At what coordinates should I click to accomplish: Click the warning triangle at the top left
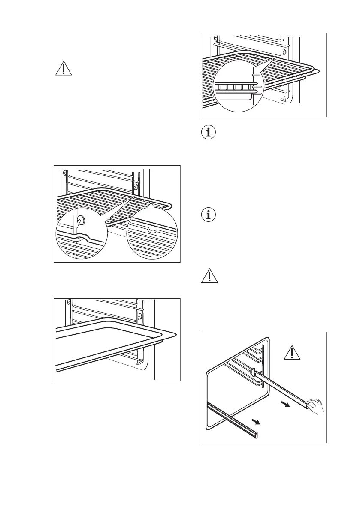(64, 68)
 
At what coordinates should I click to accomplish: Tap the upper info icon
(209, 133)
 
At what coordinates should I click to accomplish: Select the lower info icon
(209, 215)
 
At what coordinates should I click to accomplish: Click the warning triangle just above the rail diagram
(209, 276)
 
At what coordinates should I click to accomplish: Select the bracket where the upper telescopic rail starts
(253, 370)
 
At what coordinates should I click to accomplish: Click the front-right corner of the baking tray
(173, 333)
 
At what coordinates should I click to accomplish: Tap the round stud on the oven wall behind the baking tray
(140, 317)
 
